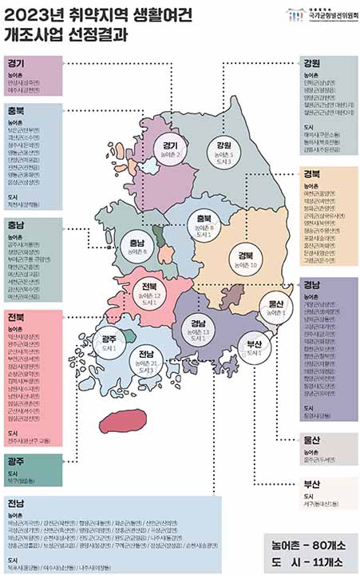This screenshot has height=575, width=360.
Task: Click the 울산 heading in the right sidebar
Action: (x=311, y=439)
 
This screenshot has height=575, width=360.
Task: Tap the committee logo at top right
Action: (x=319, y=14)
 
